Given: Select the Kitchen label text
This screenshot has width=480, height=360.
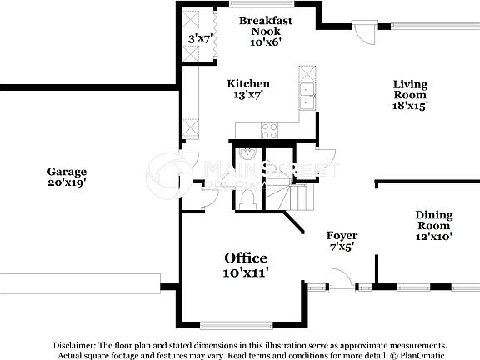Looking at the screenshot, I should (x=249, y=84).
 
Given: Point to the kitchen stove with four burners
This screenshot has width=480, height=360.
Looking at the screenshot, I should (x=271, y=130).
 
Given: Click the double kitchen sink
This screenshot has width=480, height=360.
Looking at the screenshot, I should (x=307, y=97).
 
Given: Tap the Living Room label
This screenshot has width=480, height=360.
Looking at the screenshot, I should (x=410, y=90).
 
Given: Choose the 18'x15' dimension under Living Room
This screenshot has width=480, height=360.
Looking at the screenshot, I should (x=410, y=107).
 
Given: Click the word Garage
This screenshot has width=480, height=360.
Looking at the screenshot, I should (x=67, y=172).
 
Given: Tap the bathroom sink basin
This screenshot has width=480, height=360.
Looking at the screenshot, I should (x=247, y=154).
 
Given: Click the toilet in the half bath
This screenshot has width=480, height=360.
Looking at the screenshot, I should (x=247, y=197).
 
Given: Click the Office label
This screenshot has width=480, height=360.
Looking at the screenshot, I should (x=246, y=257).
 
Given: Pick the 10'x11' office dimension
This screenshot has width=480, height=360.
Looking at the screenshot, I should (x=246, y=272).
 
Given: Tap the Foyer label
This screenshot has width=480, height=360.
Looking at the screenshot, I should (x=342, y=236).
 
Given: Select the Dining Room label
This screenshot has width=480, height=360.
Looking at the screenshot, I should (x=434, y=220).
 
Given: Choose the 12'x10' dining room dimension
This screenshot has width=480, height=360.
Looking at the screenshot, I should (x=434, y=237).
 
